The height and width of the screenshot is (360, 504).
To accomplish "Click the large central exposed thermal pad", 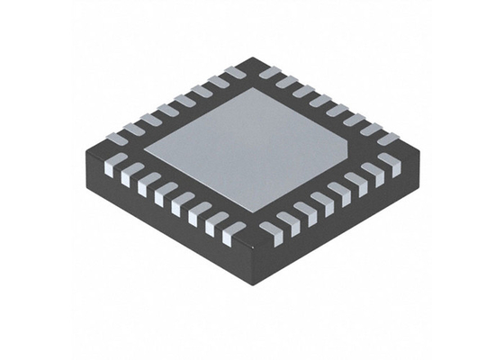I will pyautogui.click(x=247, y=148).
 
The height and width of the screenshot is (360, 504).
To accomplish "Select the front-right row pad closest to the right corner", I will pyautogui.click(x=389, y=162).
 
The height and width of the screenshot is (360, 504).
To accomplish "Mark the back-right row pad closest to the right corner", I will pyautogui.click(x=387, y=139).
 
